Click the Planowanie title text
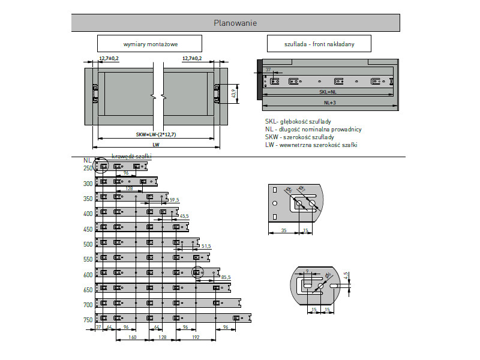pos(235,23)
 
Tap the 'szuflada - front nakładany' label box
pos(319,44)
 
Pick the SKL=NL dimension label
pos(328,92)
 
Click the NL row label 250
pos(88,169)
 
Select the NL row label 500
pos(88,244)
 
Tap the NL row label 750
pos(88,320)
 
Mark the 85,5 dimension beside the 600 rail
pos(226,277)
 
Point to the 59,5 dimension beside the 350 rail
pos(175,199)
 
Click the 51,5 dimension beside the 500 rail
pos(206,246)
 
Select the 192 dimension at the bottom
pos(196,338)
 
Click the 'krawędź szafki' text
pos(131,156)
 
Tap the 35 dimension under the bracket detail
pos(283,231)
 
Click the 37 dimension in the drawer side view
pos(268,70)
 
